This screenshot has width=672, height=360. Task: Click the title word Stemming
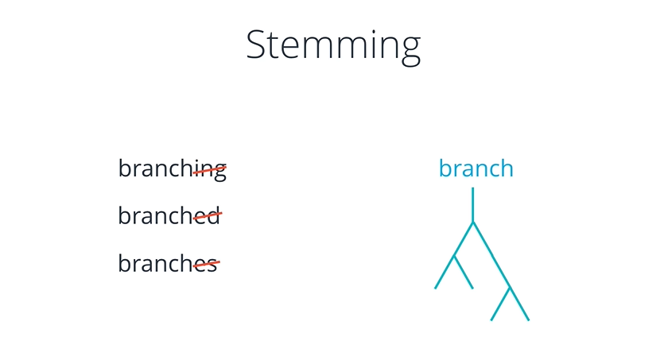(333, 46)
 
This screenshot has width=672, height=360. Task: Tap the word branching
(173, 169)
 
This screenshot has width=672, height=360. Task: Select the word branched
(169, 215)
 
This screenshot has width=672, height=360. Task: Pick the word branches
(168, 262)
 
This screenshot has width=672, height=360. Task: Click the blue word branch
(476, 168)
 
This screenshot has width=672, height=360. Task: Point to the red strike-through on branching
(210, 170)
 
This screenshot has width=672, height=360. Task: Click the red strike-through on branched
(208, 216)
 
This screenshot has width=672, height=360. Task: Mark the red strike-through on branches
(206, 264)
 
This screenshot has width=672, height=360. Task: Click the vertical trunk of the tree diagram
(472, 204)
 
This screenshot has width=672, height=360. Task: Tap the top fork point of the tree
(472, 223)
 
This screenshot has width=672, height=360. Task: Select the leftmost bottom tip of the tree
(435, 288)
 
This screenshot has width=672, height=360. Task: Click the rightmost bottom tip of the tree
(529, 319)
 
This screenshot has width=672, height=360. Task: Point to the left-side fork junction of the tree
(454, 256)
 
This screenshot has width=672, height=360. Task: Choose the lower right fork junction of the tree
(510, 287)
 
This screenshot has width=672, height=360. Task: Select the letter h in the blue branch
(506, 168)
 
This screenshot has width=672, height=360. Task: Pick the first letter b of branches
(125, 262)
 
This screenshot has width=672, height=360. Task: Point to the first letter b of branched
(125, 215)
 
